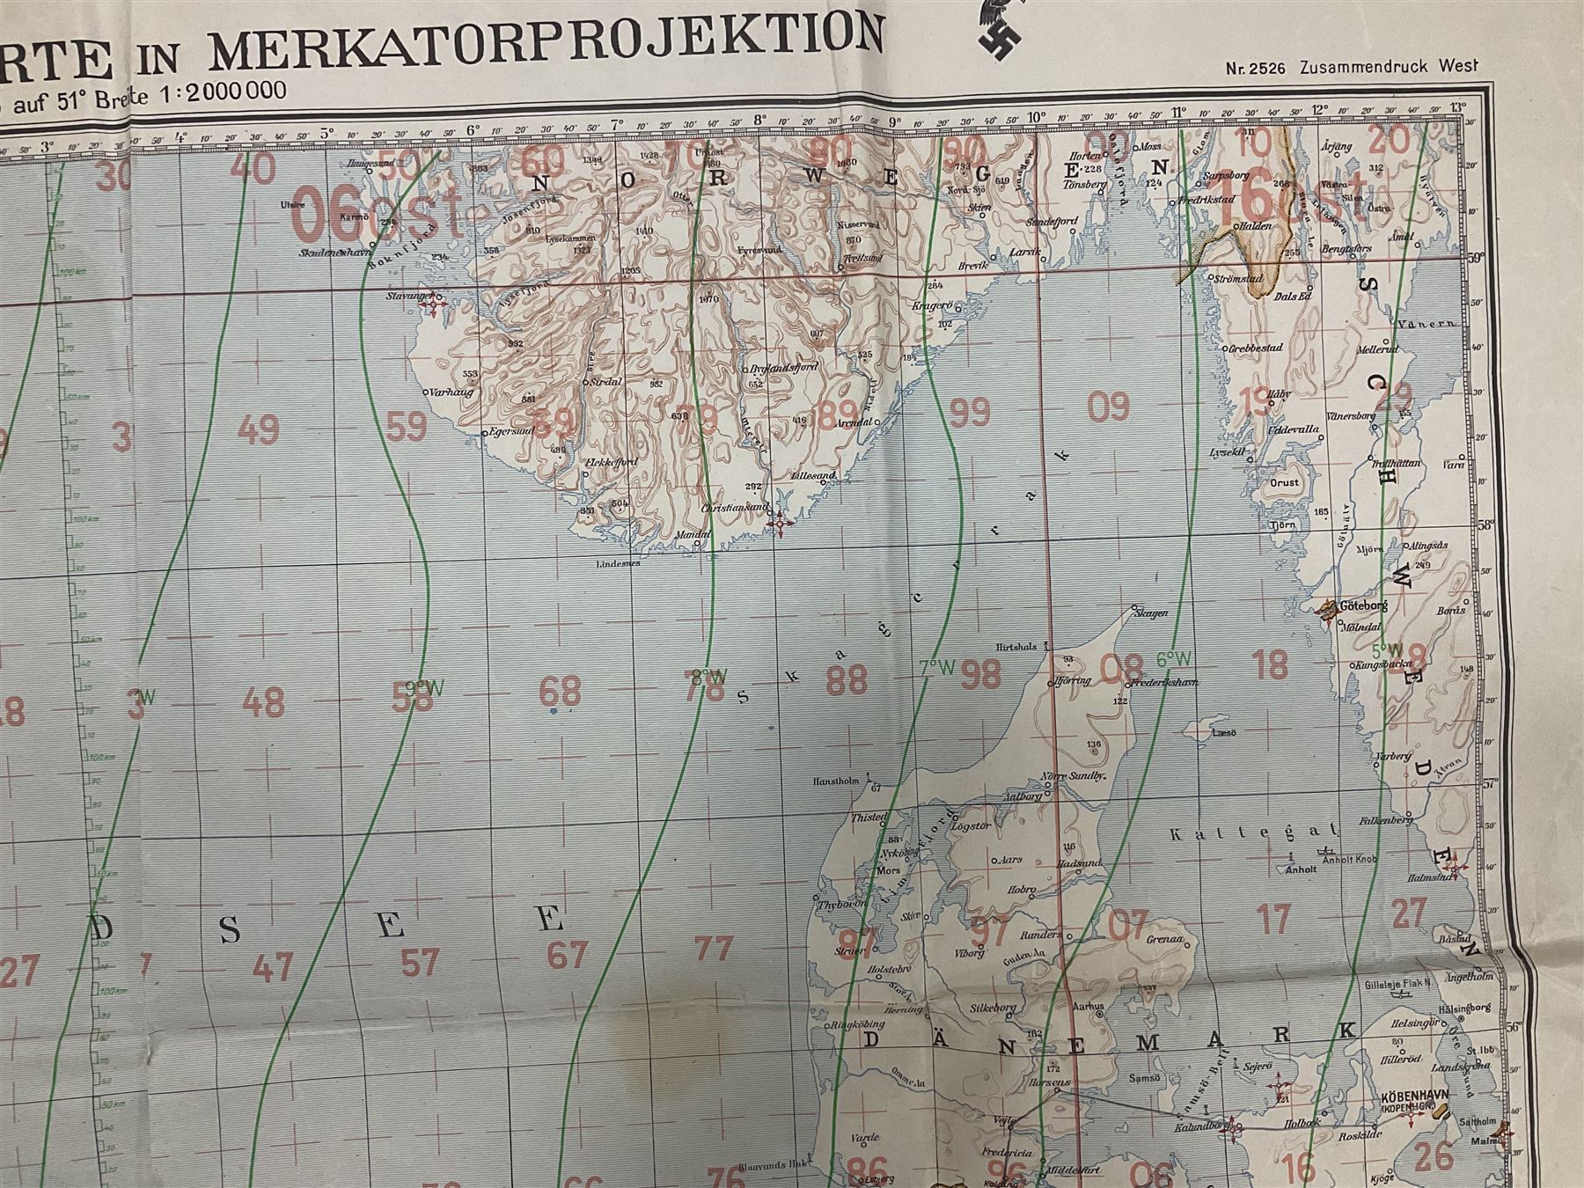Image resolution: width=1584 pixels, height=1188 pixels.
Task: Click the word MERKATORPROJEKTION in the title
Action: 546,42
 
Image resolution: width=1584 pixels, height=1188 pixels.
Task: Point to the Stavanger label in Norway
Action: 410,297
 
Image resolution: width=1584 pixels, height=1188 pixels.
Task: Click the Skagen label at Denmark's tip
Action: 1151,612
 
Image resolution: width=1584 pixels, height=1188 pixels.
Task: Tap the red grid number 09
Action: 1108,407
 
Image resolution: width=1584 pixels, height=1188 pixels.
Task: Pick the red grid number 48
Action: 263,702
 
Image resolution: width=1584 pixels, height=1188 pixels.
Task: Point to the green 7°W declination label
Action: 937,668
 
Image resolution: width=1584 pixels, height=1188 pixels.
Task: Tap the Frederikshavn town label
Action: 1162,682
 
